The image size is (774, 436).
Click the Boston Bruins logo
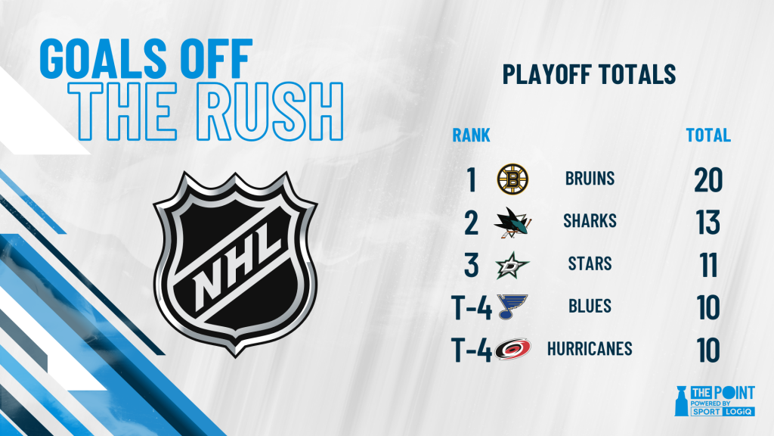(512, 179)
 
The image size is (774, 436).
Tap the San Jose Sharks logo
(512, 222)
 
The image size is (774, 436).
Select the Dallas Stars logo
(512, 265)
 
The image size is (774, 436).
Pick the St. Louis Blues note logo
(512, 307)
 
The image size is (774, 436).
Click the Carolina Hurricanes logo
(513, 349)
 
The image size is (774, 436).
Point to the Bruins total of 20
(708, 179)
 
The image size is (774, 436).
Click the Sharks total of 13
(708, 222)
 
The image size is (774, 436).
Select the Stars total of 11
(708, 265)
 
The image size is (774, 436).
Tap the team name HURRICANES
(590, 349)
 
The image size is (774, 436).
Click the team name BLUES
(590, 307)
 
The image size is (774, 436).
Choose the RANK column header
(472, 135)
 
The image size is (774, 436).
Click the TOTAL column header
(708, 135)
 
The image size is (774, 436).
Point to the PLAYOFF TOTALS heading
(589, 74)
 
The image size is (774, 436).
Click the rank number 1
(472, 179)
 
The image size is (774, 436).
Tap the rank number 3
(472, 265)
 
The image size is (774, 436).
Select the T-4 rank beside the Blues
(472, 307)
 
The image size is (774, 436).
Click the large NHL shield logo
(235, 263)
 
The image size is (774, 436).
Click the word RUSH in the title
(270, 112)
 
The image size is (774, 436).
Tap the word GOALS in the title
(102, 58)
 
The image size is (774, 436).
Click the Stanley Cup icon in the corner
(682, 400)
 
